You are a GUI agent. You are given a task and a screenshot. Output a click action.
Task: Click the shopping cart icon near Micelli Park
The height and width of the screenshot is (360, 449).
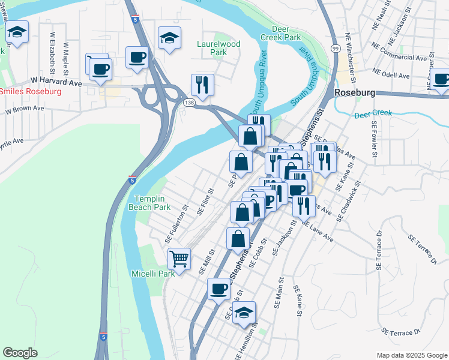click(179, 259)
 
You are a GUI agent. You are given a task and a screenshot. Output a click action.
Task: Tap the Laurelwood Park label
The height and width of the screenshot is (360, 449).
click(218, 48)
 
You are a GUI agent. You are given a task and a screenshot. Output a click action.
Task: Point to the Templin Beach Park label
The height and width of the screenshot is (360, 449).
click(152, 203)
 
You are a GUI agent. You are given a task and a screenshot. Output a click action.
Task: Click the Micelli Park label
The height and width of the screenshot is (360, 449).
click(153, 274)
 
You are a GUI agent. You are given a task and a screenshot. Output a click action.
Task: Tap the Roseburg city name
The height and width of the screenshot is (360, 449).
click(354, 94)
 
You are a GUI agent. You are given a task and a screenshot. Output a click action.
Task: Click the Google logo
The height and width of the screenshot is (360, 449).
click(20, 353)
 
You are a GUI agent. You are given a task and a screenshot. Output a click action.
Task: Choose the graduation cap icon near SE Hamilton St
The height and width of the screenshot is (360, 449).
click(244, 312)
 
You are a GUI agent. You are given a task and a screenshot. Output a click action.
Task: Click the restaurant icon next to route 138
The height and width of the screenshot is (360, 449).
click(202, 85)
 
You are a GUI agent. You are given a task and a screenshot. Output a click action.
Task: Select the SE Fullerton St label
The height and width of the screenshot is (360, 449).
click(176, 224)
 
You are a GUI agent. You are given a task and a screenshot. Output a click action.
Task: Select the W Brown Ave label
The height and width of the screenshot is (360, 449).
click(25, 110)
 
